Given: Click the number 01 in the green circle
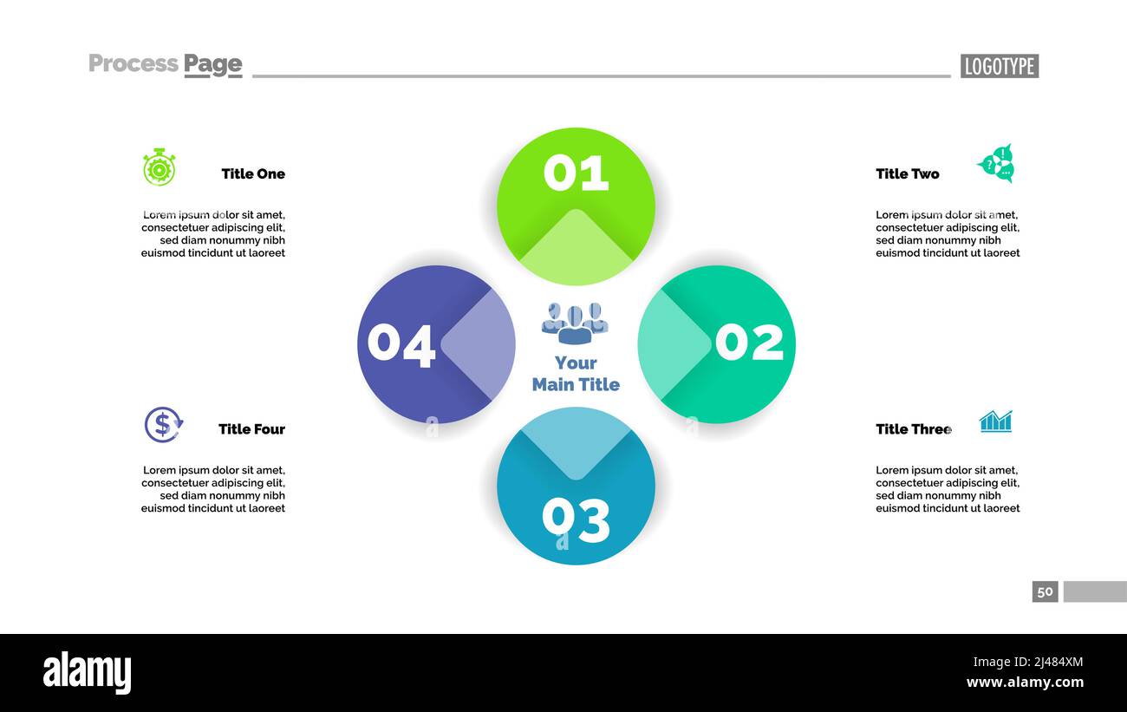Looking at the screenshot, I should coord(576,173).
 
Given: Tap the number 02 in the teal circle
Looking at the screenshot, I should coord(749,342).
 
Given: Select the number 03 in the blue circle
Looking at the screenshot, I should coord(576,519).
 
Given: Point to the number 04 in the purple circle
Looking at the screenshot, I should coord(401,344).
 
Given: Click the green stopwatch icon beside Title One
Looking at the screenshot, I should coord(160,167).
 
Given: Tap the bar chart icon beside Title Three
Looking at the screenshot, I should coord(995,421).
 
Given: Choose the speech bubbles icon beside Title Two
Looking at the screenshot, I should coord(996,164).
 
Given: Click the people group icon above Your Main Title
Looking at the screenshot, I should coord(575,323).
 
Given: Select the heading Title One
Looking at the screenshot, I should coord(253,173).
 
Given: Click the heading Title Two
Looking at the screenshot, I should coord(907,173).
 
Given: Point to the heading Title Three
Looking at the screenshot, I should coord(913,429).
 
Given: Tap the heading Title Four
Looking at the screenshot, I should coord(251,429).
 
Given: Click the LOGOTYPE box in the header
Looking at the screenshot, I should coord(999,66).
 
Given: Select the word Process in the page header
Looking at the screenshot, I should coord(134,63).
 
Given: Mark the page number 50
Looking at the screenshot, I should coord(1045,591).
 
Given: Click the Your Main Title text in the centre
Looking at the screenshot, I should coord(576,374).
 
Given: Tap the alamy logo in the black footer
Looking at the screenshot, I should coord(87,673).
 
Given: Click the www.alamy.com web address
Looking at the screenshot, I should coord(1025,683).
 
